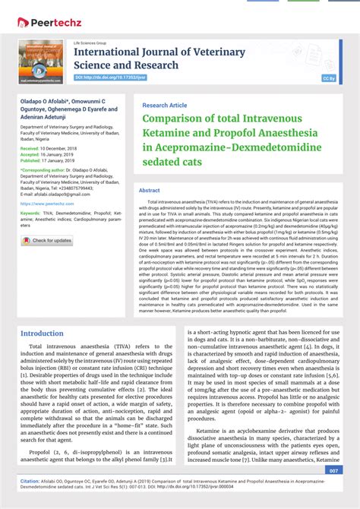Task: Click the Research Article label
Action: (x=164, y=105)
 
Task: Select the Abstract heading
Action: (x=150, y=190)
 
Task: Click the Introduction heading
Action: (x=43, y=334)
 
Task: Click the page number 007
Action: (x=333, y=470)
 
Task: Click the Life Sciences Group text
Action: (x=90, y=43)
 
